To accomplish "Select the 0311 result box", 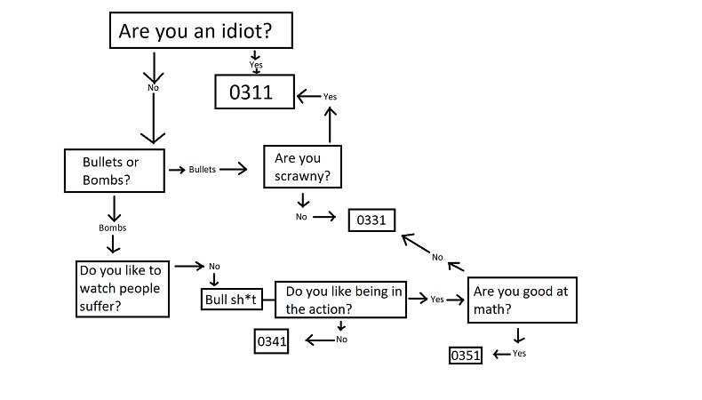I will [x=255, y=92].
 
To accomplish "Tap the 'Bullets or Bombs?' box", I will [x=115, y=171].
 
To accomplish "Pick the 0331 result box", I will [x=371, y=220].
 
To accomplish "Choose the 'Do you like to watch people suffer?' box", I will [x=123, y=288].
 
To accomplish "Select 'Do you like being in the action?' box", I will [x=340, y=299].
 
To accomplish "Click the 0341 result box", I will [x=273, y=341].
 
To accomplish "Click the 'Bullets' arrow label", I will [x=203, y=169].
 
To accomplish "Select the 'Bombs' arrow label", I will [x=112, y=228].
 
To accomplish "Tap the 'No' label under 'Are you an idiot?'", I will [x=153, y=88].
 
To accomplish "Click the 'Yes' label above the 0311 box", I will [x=256, y=65].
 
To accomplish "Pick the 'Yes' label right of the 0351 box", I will [x=519, y=354].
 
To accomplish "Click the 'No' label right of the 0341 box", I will [x=341, y=340].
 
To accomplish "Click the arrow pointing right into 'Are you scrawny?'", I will [x=234, y=169].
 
